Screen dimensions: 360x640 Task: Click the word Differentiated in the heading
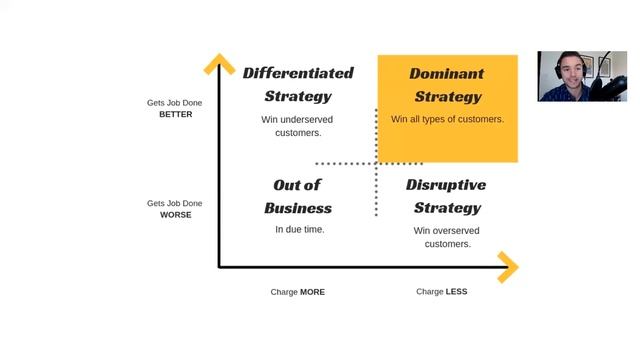coord(298,73)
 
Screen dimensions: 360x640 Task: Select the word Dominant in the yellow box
coord(446,73)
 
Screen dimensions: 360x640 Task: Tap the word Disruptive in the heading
coord(446,185)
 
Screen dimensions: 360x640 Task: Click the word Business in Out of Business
coord(298,208)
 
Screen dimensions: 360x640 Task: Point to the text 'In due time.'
coord(300,230)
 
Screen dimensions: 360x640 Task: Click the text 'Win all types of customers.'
coord(447,119)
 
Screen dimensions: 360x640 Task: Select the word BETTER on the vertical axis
coord(175,114)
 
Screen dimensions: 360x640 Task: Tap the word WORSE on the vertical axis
coord(175,215)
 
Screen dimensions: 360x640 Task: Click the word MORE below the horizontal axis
coord(312,292)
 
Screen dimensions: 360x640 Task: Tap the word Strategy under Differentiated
coord(298,96)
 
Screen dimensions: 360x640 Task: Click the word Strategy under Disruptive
coord(447,208)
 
